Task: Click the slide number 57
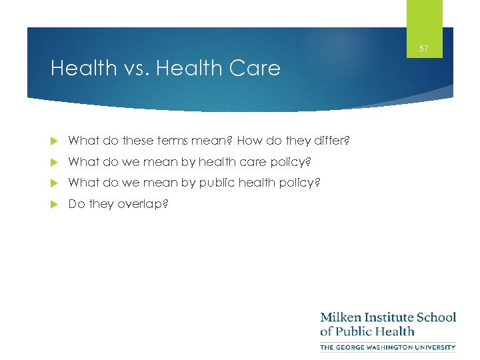pos(424,49)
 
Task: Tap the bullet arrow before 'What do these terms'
pos(55,141)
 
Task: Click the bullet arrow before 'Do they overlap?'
pos(55,204)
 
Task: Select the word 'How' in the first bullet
pos(249,141)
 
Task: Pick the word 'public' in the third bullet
pos(213,183)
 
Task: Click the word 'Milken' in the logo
pos(341,317)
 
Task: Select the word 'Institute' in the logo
pos(391,317)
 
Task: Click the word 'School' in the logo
pos(438,317)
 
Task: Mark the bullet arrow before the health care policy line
pos(55,162)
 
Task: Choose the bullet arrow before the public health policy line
pos(55,183)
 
